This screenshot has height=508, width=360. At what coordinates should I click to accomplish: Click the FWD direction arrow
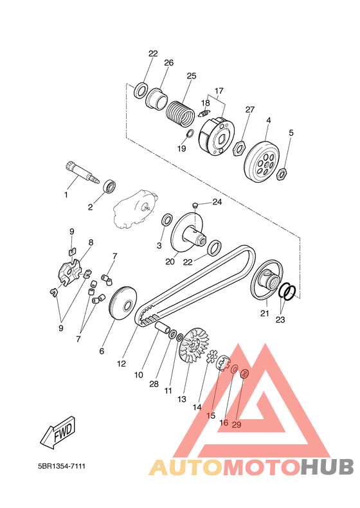tap(58, 432)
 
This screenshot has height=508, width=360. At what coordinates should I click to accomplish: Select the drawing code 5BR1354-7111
tap(62, 466)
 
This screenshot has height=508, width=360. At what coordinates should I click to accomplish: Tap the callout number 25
tap(192, 76)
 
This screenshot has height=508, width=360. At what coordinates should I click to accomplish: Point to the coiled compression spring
tap(180, 113)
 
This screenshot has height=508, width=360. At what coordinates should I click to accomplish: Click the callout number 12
tap(122, 364)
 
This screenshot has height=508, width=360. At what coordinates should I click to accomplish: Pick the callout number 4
tap(268, 120)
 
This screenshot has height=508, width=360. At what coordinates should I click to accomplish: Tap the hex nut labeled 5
tap(282, 174)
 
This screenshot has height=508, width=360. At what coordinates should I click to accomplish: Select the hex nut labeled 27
tap(240, 149)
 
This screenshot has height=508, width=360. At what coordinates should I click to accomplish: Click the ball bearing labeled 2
tap(110, 186)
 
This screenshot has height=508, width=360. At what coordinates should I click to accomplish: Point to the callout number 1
tap(66, 195)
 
